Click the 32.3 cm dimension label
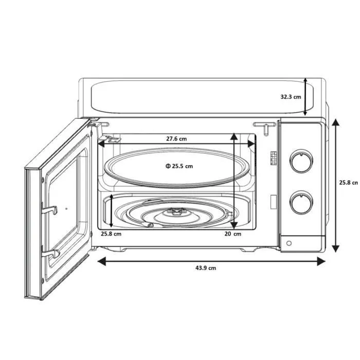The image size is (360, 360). (291, 97)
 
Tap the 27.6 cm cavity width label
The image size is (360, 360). (176, 139)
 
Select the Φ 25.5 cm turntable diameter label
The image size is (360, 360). (179, 166)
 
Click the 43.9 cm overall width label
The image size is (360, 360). (205, 268)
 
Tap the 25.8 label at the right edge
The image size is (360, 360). (348, 183)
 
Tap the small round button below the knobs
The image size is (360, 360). (289, 243)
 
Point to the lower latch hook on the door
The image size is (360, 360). (51, 253)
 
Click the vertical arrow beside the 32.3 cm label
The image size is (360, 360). (306, 97)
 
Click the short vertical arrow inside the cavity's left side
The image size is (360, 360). (112, 211)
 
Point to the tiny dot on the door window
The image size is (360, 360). (66, 209)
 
